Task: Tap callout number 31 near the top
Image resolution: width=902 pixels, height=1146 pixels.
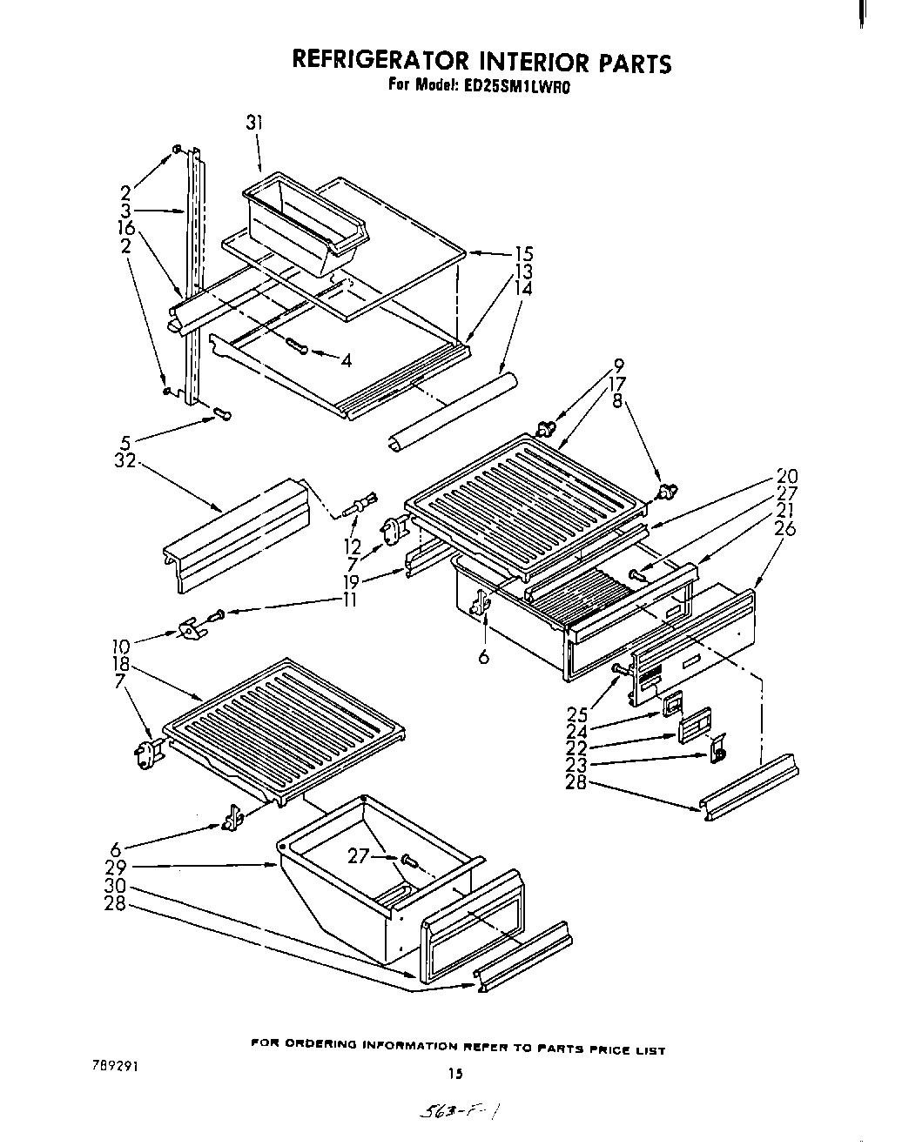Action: coord(253,123)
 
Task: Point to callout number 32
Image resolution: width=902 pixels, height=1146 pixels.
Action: coord(126,462)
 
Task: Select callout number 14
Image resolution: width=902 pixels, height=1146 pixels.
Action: coord(523,288)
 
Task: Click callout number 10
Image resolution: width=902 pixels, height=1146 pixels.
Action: coord(120,646)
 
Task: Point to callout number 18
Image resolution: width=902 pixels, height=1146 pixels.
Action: coord(120,662)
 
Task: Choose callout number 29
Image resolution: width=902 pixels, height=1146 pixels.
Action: coord(117,868)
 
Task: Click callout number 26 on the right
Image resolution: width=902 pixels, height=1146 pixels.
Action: coord(785,528)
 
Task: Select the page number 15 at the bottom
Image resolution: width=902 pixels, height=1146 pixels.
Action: coord(454,1074)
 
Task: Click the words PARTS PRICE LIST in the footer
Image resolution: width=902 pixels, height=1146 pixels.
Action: coord(606,1049)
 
